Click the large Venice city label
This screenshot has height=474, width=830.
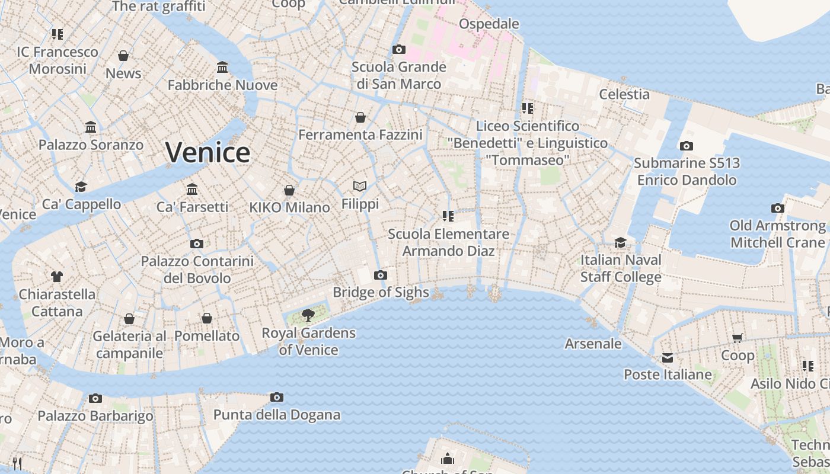point(207,153)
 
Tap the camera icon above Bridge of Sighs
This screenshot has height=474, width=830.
point(381,275)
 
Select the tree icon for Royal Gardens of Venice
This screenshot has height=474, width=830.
point(308,315)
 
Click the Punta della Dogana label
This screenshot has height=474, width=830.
point(277,415)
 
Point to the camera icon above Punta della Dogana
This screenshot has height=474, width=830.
point(276,397)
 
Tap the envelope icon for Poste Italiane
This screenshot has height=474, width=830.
point(668,357)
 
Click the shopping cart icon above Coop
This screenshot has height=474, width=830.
point(738,338)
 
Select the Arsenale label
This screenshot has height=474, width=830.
point(593,344)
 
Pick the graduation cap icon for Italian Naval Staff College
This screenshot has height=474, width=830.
point(620,242)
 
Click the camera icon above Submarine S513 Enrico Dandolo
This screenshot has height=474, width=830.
point(686,146)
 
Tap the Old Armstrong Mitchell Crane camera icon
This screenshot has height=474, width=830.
point(777,208)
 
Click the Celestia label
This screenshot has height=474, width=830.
point(624,94)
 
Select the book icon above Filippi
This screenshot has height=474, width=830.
point(360,186)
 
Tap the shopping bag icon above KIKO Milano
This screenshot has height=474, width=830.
point(289,190)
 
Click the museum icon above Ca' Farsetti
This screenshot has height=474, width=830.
point(192,189)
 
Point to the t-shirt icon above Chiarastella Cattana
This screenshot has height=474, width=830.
point(57,276)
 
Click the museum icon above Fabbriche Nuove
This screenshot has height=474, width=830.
point(222,67)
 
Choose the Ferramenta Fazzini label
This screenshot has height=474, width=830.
point(360,135)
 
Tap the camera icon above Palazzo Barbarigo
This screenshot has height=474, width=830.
point(95,398)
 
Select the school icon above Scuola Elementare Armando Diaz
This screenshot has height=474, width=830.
point(448,216)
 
